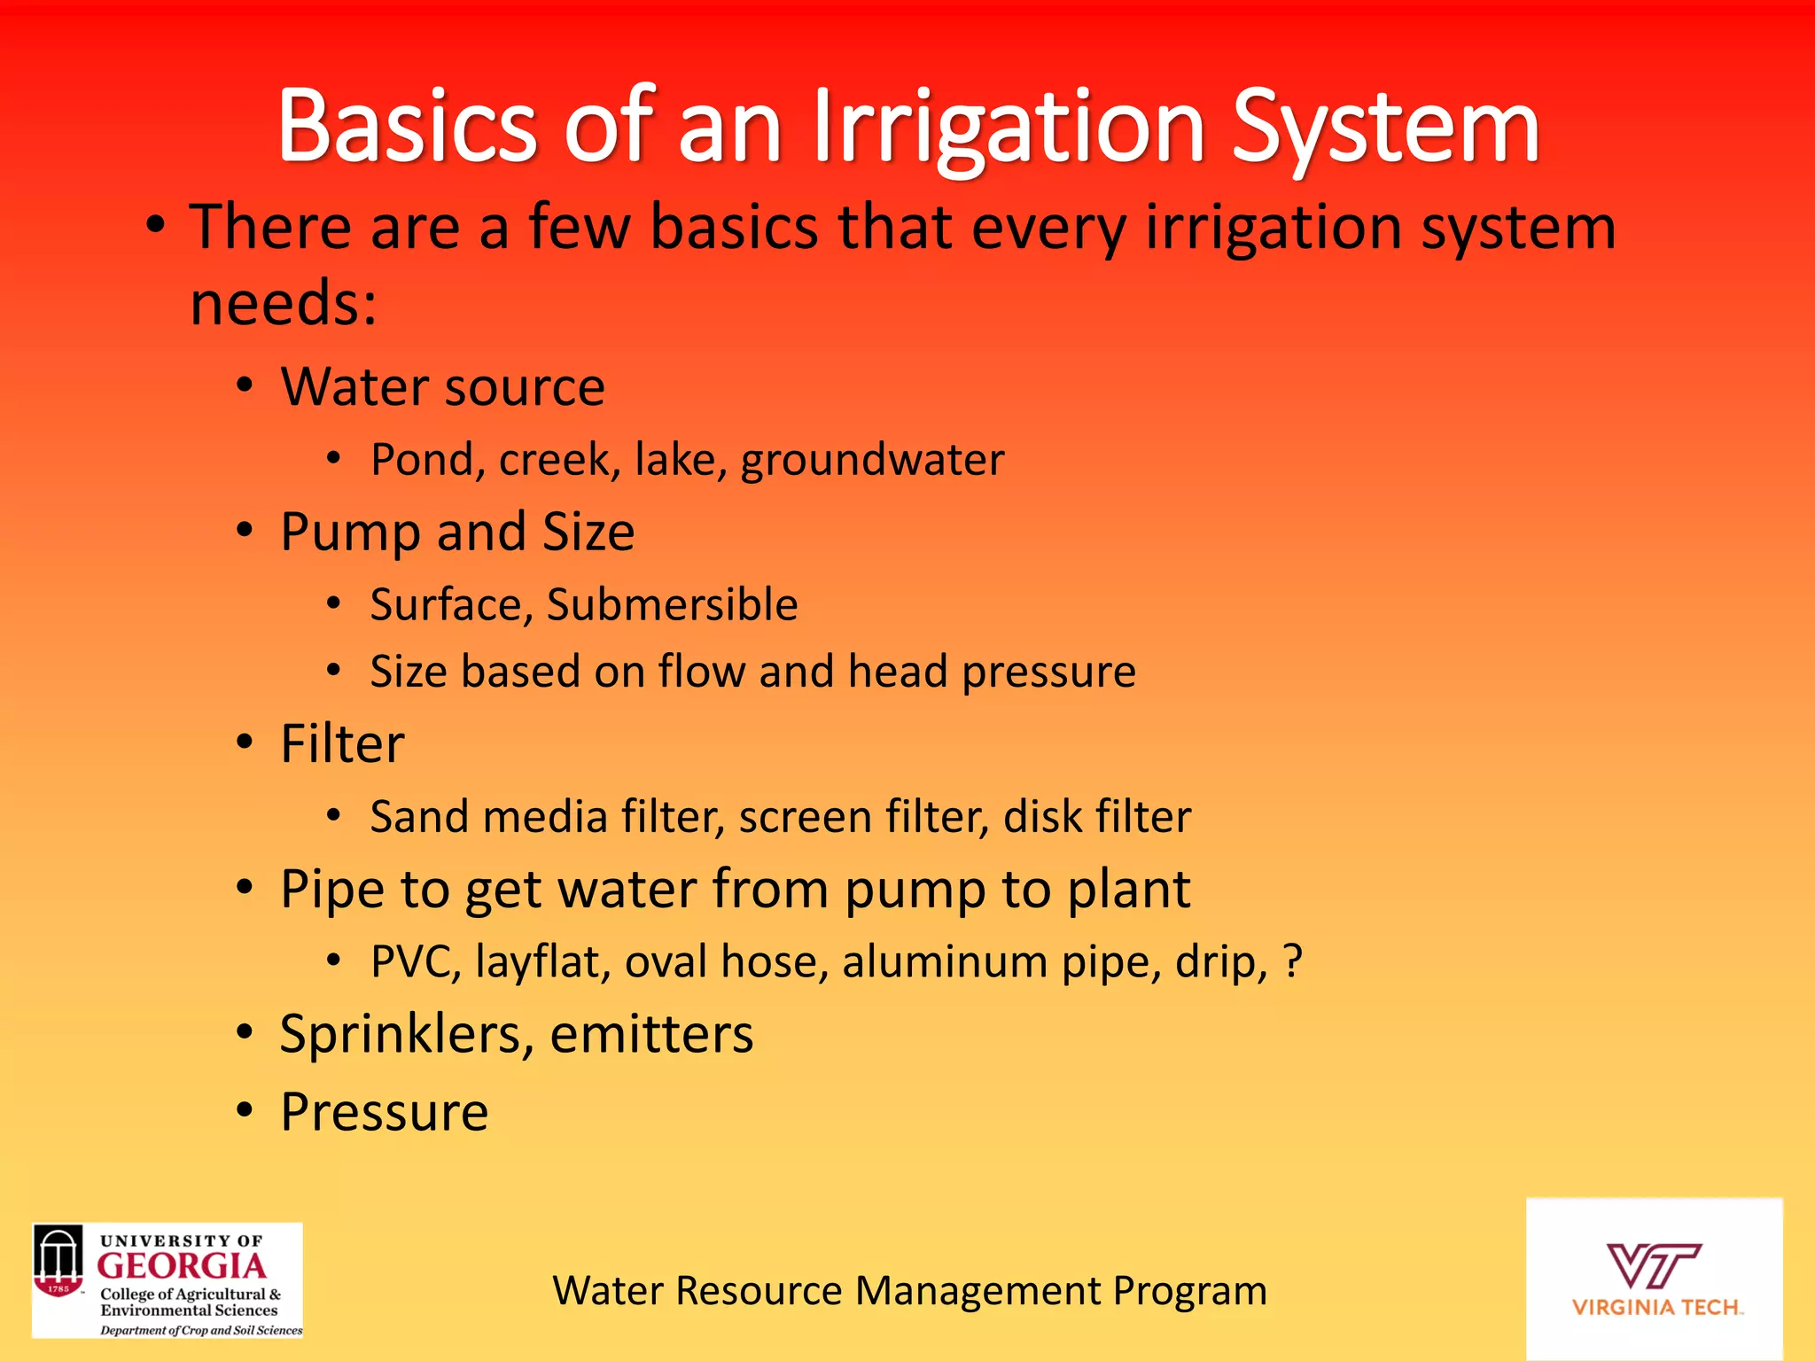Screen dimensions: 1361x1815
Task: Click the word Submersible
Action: (672, 605)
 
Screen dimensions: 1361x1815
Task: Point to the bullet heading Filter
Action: (342, 743)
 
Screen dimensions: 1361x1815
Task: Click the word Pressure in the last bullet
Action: (384, 1112)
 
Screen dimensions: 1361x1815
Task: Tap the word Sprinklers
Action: (406, 1034)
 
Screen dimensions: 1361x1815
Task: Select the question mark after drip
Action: (1293, 961)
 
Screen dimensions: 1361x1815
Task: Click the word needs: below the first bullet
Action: (284, 303)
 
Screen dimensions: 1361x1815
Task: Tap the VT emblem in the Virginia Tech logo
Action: (1653, 1265)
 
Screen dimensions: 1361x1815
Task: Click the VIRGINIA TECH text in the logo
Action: (1655, 1308)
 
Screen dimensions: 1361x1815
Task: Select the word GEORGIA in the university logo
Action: (182, 1266)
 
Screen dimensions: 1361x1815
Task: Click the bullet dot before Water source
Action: (245, 386)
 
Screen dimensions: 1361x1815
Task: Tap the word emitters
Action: (651, 1034)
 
